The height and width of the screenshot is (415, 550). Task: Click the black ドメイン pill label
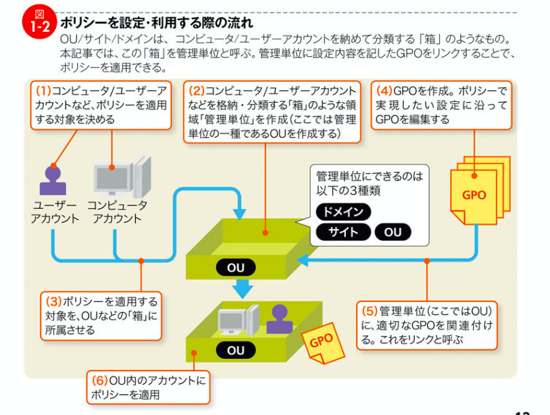pos(343,212)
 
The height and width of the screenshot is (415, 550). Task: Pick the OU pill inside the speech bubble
pos(393,233)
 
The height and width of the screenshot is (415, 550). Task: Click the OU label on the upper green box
pos(236,268)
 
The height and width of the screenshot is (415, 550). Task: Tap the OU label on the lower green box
pos(236,350)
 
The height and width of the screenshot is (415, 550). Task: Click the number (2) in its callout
pos(197,91)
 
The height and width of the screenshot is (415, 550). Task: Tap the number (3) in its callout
pos(53,302)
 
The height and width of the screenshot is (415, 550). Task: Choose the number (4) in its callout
pos(384,91)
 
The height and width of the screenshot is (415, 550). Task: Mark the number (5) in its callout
pos(369,312)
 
